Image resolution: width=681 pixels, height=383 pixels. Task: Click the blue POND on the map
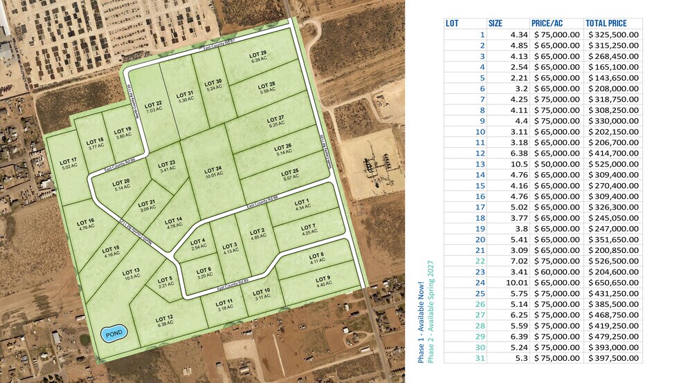(113, 335)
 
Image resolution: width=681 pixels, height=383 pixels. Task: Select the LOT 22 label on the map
(153, 106)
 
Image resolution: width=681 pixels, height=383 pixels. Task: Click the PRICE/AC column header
(546, 23)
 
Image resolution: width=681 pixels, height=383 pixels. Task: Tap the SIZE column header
(496, 23)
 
